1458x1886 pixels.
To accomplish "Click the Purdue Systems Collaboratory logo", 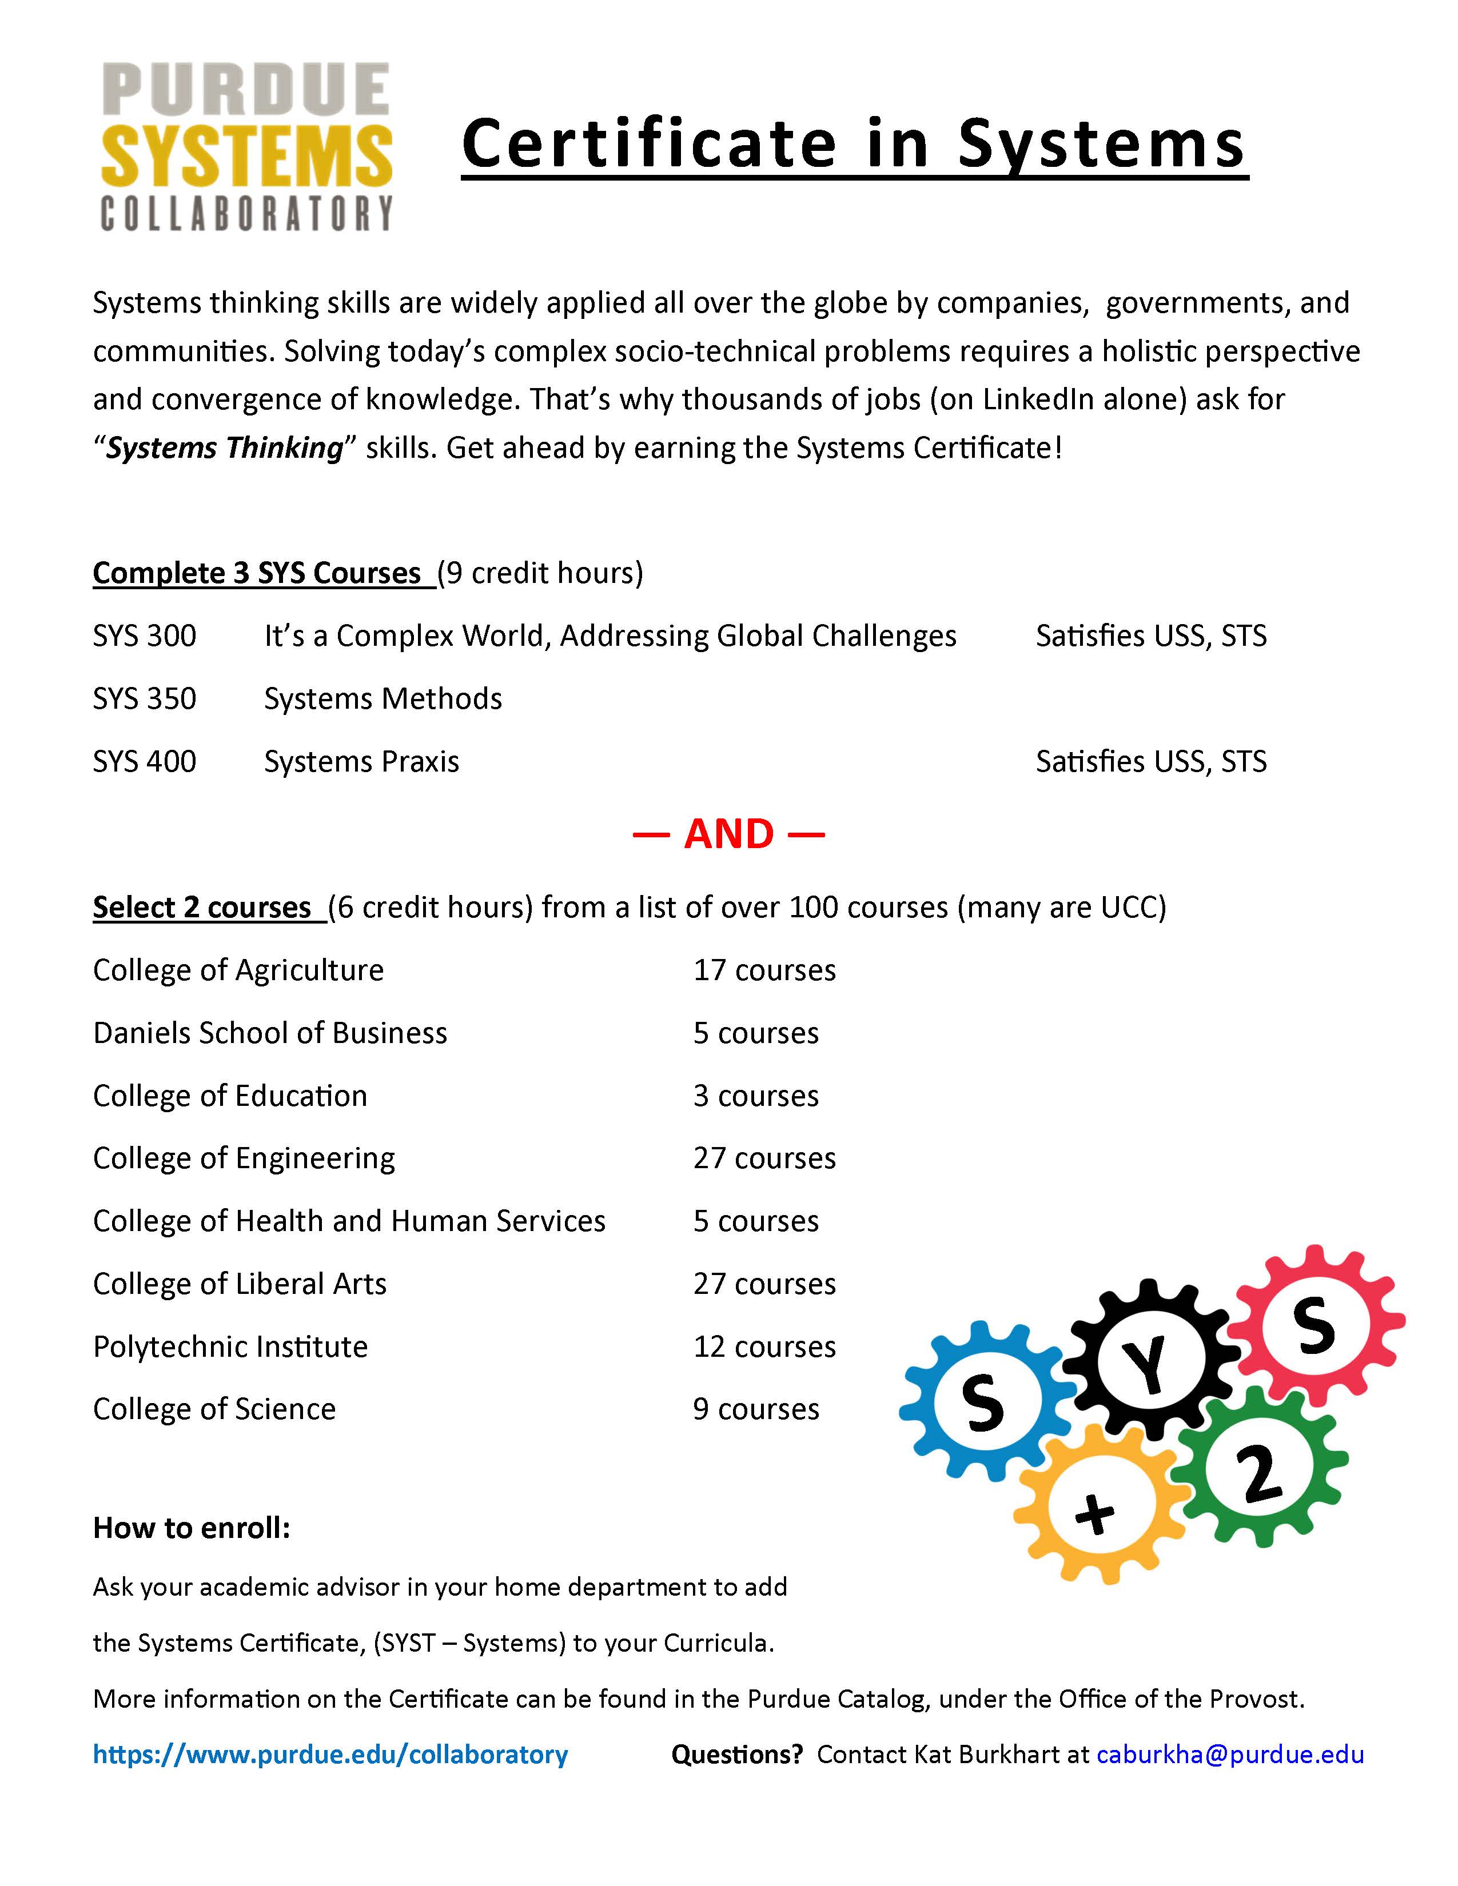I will (x=247, y=147).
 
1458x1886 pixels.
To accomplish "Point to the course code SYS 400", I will (x=144, y=762).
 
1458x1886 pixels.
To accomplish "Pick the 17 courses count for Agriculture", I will (x=763, y=970).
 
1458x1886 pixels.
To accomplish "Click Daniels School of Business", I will (x=269, y=1034).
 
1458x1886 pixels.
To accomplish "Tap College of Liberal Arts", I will (x=239, y=1285).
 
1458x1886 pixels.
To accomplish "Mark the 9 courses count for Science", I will (x=755, y=1410).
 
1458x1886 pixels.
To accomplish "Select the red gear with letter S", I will (x=1314, y=1325).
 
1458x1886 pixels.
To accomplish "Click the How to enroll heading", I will (x=191, y=1528).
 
